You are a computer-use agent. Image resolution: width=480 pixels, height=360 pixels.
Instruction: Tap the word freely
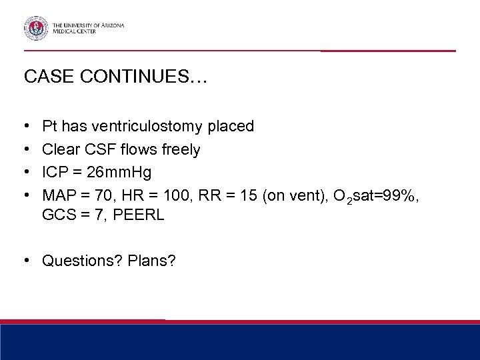click(179, 149)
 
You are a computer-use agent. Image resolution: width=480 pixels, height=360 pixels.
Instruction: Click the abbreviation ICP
click(55, 173)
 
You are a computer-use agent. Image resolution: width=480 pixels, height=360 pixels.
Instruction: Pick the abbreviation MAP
click(58, 196)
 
